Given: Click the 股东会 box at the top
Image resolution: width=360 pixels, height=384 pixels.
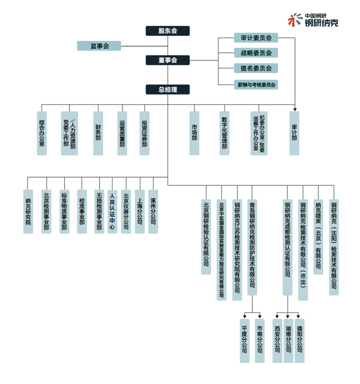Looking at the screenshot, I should point(168,31).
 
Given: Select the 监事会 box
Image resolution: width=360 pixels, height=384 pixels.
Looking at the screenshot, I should point(99,46).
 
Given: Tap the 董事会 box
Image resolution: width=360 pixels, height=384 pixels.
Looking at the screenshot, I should point(168,60).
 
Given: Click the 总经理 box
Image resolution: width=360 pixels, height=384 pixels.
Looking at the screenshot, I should point(168,89).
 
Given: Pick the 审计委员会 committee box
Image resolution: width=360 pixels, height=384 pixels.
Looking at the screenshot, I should point(256,38).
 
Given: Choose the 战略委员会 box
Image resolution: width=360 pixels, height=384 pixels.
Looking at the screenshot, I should point(256,53).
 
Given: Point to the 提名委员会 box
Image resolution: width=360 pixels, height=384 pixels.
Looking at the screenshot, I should point(256,68).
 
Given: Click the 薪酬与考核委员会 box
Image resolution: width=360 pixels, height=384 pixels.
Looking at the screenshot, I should point(256,84).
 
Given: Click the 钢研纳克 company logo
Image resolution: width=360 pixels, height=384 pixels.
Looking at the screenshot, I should point(313,20).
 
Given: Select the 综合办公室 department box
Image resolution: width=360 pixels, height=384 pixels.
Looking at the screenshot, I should point(42,133).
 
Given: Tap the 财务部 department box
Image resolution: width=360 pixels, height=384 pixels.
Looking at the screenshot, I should point(98,133).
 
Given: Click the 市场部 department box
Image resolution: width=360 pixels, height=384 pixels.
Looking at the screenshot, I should point(194,133).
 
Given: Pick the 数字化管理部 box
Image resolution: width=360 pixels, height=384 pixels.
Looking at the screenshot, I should point(224,133).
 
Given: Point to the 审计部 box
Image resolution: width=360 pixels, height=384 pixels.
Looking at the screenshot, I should point(294,133).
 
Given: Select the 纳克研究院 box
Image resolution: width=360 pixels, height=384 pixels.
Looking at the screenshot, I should point(28,211).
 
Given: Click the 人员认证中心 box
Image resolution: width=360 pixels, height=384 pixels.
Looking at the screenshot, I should point(112,211).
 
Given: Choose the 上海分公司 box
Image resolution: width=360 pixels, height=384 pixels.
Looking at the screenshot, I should point(139,211).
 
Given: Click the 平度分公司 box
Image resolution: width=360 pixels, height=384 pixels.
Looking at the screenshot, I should point(244,340).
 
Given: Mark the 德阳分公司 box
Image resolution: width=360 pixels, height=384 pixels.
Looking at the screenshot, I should point(300,340).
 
